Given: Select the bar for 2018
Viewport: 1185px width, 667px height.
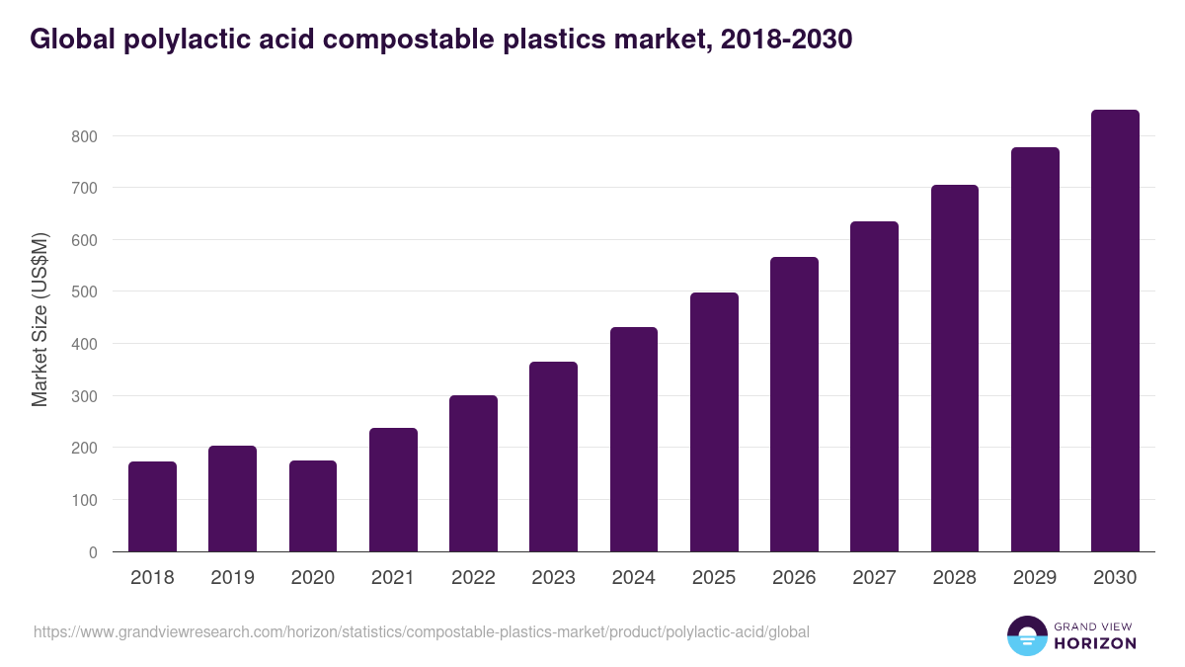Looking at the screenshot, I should tap(152, 507).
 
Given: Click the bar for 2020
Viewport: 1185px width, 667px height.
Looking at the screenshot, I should tap(313, 506).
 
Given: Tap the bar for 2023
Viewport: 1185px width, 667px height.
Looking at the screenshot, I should tap(553, 457).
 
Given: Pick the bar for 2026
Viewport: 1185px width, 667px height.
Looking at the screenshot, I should tap(794, 404).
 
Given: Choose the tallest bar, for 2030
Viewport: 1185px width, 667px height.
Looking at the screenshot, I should tap(1115, 331).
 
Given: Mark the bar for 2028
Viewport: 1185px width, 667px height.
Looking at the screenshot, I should tap(955, 368).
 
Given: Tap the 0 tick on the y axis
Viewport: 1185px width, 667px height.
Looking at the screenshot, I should tap(93, 552).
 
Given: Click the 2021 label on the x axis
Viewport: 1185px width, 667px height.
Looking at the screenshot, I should tap(393, 578).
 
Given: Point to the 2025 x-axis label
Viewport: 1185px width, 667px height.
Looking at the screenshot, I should tap(714, 578).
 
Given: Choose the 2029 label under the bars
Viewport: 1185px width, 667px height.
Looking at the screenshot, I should tap(1035, 578).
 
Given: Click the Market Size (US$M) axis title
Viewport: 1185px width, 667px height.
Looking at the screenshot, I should tap(39, 319).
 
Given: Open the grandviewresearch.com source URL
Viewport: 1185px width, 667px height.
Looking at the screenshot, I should tap(422, 631).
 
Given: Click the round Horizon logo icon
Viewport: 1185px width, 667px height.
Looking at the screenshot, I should tap(1027, 635).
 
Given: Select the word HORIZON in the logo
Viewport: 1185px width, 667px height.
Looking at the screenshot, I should tap(1095, 643).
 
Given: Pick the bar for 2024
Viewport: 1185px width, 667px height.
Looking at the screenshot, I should tap(634, 440).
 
